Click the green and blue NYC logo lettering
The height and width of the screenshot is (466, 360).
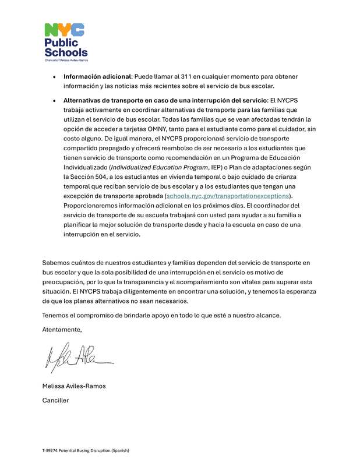[65, 30]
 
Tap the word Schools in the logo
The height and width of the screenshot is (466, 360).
[66, 52]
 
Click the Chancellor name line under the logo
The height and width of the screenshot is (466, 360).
[66, 61]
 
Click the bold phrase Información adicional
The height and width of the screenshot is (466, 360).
[97, 76]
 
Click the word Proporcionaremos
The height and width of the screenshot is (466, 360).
[94, 206]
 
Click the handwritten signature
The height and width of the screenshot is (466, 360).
[76, 356]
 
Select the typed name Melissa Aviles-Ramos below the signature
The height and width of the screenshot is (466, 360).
[74, 386]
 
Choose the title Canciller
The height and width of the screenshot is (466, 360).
[55, 400]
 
